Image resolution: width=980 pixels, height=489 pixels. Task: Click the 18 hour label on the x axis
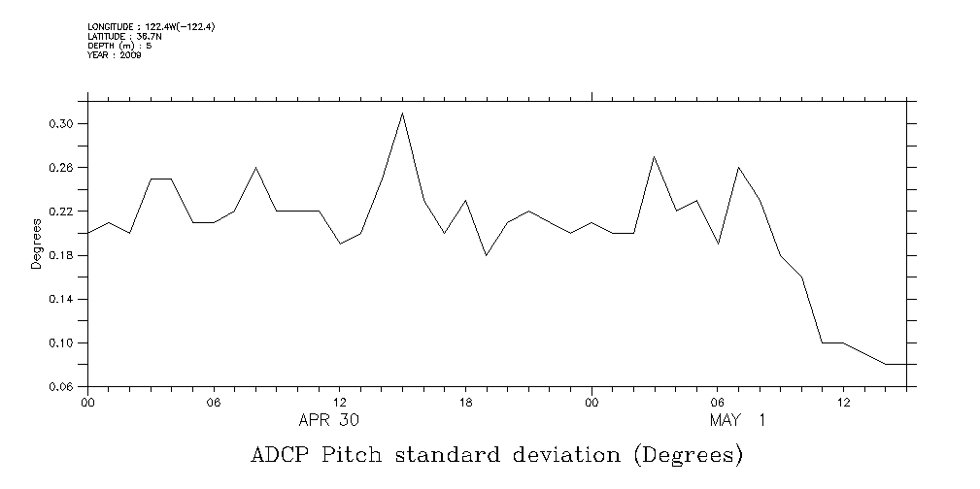(465, 402)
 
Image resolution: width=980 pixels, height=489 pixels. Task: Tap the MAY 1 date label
(737, 420)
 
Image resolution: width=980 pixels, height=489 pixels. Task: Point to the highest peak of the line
(402, 114)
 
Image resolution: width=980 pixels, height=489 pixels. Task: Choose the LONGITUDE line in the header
(151, 27)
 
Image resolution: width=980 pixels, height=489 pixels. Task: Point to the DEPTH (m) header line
(119, 45)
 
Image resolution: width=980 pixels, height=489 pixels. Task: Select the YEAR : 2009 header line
(115, 54)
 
